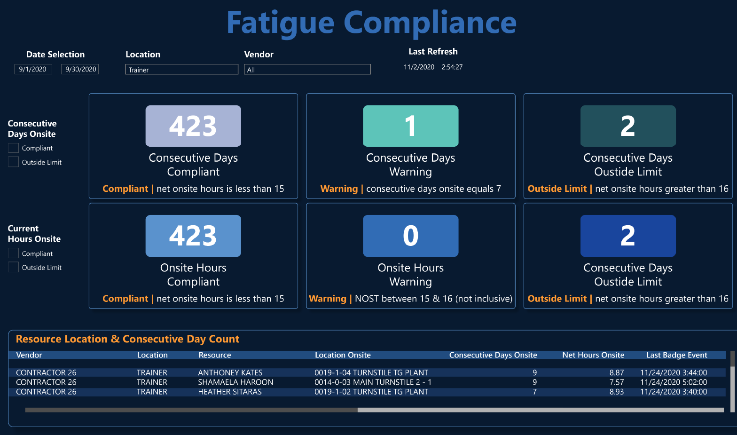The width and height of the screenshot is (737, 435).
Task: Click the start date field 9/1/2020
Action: pos(33,69)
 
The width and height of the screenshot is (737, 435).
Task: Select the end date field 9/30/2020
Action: pos(80,69)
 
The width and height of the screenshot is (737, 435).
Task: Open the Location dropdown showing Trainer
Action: pos(181,70)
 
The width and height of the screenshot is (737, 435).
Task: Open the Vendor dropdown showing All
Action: pos(307,70)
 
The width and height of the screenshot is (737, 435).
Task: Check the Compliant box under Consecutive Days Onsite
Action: pos(14,148)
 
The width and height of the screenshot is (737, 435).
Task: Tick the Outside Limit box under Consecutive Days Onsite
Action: pos(14,162)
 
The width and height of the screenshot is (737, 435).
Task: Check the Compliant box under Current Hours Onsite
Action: pos(14,253)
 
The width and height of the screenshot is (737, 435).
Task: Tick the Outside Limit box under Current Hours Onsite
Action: pos(14,267)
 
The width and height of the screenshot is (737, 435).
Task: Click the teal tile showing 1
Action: pos(411,126)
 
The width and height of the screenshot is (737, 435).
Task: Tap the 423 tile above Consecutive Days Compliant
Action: pos(193,126)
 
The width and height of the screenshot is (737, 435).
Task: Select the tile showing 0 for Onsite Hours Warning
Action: pos(411,236)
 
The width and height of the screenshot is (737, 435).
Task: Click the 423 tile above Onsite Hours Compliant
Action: pos(193,236)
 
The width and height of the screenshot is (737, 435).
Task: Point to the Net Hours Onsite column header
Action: pos(593,355)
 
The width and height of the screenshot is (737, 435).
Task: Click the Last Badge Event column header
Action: pos(677,355)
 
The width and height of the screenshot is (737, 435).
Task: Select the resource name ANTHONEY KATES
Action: pos(230,372)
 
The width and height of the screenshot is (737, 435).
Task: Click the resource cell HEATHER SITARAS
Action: pos(230,392)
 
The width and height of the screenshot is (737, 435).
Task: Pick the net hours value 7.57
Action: pos(617,382)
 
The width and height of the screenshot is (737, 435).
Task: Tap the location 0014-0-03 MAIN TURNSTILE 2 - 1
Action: pos(373,382)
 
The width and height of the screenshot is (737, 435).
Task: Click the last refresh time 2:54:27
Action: pos(452,67)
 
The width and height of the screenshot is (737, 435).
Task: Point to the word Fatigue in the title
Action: pos(280,23)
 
